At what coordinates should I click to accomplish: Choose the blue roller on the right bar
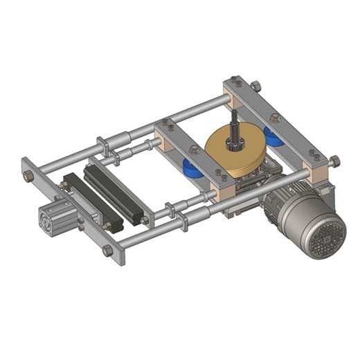coord(274,136)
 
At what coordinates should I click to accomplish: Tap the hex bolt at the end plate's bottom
coord(108,251)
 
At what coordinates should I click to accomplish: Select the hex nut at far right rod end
coord(335,162)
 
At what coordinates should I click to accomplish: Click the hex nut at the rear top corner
coord(255,87)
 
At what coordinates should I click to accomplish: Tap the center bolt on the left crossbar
coord(195,150)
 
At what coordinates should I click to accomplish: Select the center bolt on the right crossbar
coord(275,118)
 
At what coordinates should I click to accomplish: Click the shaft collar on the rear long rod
coord(102,145)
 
